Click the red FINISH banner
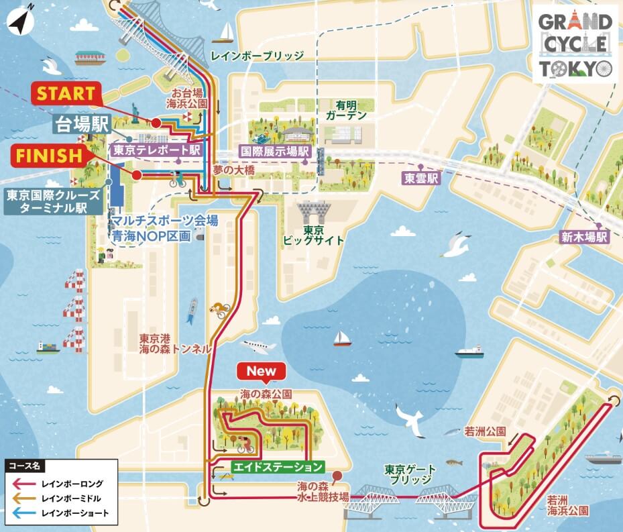pyautogui.click(x=53, y=156)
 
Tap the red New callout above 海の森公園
pyautogui.click(x=262, y=371)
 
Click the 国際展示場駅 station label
pyautogui.click(x=275, y=152)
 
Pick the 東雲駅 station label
pyautogui.click(x=420, y=178)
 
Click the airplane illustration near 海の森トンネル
pyautogui.click(x=258, y=346)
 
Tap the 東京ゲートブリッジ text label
pyautogui.click(x=410, y=474)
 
